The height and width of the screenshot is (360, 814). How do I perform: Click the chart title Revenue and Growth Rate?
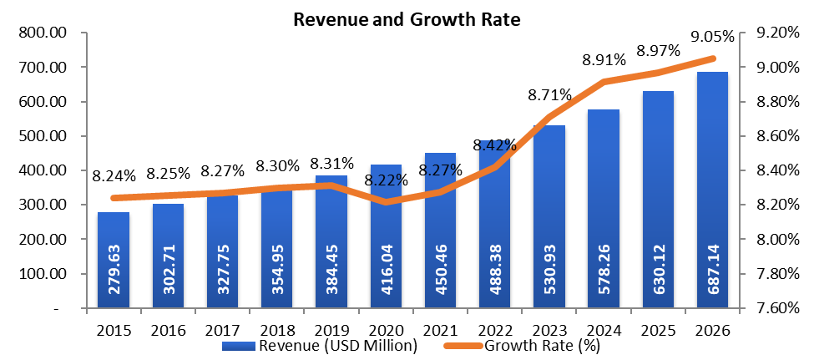407,20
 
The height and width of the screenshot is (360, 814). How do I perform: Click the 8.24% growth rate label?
114,175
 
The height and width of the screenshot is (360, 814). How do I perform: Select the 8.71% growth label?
550,94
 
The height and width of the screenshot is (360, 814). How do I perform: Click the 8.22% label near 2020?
387,179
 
